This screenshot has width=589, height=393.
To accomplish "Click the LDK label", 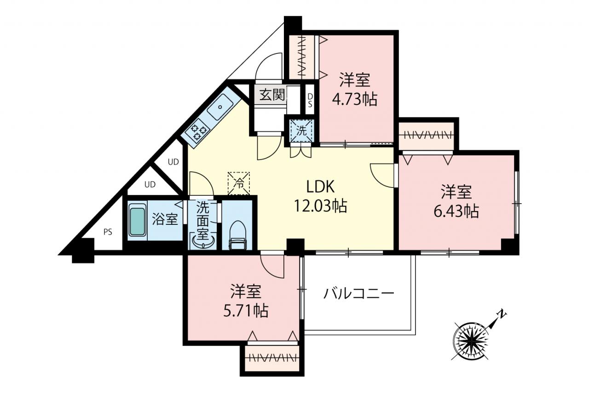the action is point(320,187).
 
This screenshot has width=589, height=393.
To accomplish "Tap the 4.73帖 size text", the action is point(355,100).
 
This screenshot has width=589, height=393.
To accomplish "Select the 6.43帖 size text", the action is point(456,211).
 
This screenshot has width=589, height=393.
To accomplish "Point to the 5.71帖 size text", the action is point(246,311).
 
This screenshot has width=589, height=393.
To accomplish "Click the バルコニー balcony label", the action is point(358,294).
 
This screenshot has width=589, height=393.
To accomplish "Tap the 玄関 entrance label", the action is point(272,95).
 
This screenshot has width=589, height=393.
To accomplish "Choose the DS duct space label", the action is point(310,100).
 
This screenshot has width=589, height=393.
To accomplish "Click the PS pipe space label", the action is point(108,232).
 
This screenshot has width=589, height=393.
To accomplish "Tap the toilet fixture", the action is point(237,235).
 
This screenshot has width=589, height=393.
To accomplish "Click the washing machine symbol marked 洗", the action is point(301,130).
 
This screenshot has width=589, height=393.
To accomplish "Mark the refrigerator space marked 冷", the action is point(238,183).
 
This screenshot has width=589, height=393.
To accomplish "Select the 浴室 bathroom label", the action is point(165,219).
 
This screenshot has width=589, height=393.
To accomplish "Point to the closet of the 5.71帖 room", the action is point(271,358).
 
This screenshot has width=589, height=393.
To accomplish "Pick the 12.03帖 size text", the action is point(320,206).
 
